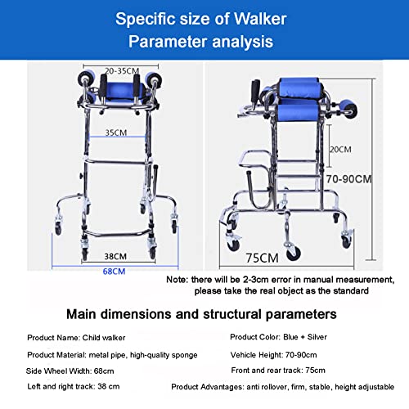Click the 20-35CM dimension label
(x=122, y=71)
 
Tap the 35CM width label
(x=116, y=133)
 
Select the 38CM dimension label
(x=115, y=257)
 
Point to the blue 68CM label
(x=114, y=272)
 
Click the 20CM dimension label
(x=340, y=150)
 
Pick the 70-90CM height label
(x=349, y=179)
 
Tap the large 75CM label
(x=262, y=258)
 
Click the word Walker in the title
(x=260, y=19)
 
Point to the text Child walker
(x=104, y=338)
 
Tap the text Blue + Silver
(x=305, y=337)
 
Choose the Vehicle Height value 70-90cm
(x=301, y=355)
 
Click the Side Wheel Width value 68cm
(x=104, y=371)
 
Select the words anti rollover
(x=267, y=387)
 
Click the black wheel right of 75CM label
(x=294, y=254)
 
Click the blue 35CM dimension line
(x=117, y=137)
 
